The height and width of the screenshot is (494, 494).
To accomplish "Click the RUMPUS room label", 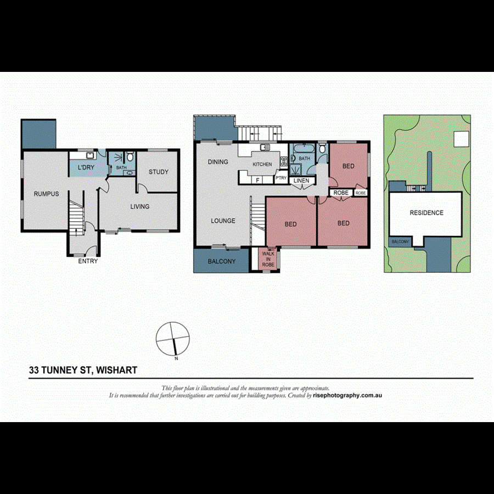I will coord(46,194).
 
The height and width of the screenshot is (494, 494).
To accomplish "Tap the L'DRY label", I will coord(86,167).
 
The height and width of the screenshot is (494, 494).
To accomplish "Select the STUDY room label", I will coord(159,172).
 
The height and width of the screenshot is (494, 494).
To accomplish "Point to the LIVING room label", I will coord(139,206).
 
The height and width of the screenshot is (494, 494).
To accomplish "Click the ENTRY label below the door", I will coord(88,261).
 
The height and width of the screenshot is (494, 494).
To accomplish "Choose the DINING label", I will coord(218,162).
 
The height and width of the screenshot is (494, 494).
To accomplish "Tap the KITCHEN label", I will coord(262,165).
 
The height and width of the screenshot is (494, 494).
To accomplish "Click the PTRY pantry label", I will coord(281,178).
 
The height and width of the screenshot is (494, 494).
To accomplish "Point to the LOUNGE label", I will coord(223,221).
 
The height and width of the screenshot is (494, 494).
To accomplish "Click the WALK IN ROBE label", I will coord(268,259).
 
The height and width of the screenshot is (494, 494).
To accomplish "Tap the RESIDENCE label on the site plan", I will coord(426,212).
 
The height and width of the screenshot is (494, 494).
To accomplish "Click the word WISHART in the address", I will coord(117,370).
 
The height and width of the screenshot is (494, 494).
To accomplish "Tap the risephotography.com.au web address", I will coord(347,395).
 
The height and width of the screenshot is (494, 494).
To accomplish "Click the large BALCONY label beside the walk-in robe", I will coord(222,261).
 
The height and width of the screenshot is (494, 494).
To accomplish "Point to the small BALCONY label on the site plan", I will coord(400,242).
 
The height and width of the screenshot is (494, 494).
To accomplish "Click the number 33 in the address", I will coord(34,370).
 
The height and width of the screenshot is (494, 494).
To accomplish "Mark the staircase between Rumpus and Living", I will coord(75,216).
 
